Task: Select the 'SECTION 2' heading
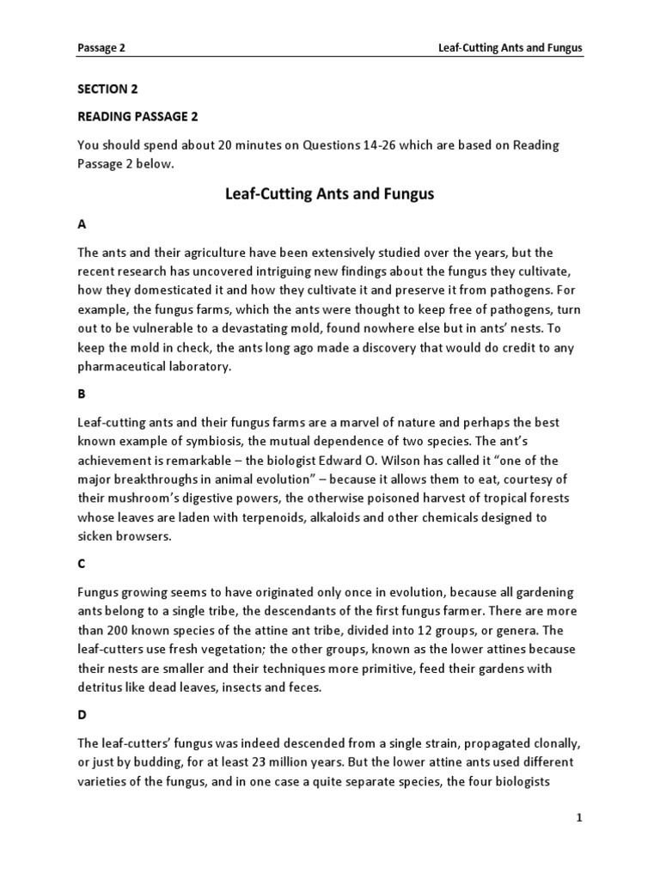click(x=107, y=89)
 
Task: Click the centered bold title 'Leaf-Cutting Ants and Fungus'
click(x=329, y=194)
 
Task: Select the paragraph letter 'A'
click(x=82, y=224)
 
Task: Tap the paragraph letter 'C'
click(x=82, y=564)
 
